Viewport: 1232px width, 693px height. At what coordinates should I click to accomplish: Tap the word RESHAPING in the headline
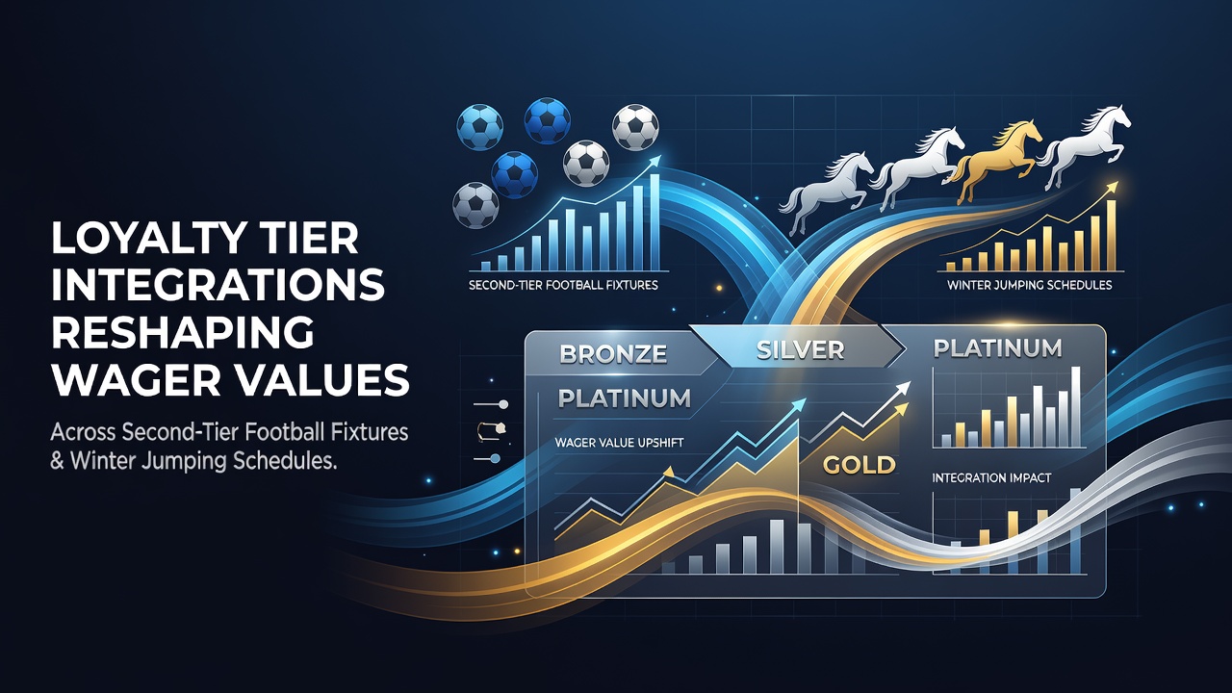pos(182,332)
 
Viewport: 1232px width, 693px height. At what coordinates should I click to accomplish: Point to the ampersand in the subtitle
pos(57,461)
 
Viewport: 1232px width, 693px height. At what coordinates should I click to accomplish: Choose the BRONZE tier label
pos(613,353)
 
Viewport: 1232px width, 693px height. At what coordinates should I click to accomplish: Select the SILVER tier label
pos(800,350)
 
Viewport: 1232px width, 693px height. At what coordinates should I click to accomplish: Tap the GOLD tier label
pos(860,465)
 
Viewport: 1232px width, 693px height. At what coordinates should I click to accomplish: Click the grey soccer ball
pos(475,205)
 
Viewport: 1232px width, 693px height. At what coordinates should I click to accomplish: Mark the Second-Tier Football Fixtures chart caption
pos(563,286)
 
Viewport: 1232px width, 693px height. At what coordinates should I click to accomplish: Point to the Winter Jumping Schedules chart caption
pos(1030,285)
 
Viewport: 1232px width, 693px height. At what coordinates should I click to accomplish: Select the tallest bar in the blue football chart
pos(654,222)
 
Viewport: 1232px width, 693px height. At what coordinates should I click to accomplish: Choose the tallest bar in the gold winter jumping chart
pos(1111,236)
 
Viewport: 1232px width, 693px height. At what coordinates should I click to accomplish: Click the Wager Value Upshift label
pos(619,442)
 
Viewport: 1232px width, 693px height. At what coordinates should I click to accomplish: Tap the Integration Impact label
pos(991,477)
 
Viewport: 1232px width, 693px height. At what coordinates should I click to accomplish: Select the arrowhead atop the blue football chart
pos(654,161)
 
